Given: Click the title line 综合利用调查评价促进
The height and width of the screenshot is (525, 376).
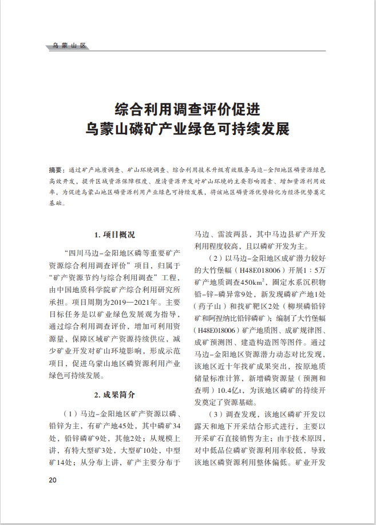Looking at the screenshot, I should click(188, 109).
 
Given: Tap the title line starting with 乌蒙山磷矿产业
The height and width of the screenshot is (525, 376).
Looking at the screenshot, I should click(188, 128).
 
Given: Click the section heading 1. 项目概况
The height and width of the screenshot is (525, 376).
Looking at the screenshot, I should click(114, 234).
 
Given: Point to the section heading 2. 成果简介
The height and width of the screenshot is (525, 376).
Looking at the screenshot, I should click(114, 395).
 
